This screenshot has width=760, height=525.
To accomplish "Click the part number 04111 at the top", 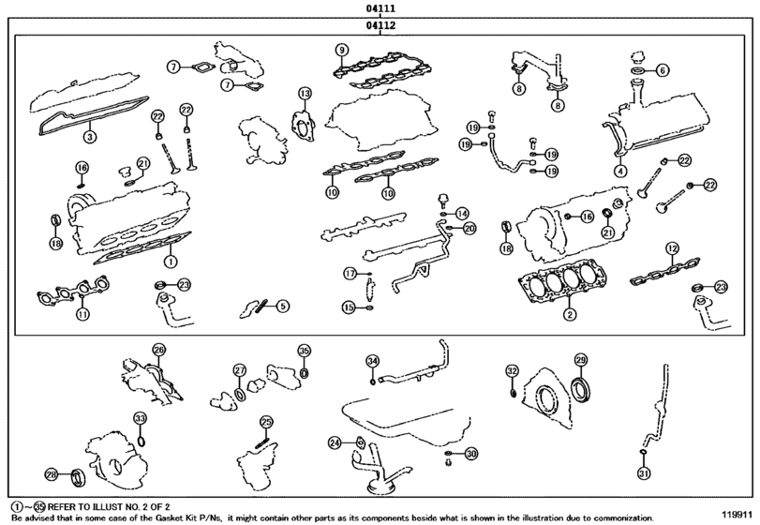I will (380, 8).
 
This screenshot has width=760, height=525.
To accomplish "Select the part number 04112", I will (380, 26).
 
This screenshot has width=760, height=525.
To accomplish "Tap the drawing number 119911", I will (737, 515).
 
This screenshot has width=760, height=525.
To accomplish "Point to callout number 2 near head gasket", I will (568, 313).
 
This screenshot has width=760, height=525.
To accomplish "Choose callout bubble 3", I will (89, 137).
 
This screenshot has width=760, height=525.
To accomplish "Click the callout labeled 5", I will (282, 305).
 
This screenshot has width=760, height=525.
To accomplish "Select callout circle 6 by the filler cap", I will (662, 69).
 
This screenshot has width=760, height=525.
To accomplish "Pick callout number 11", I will (82, 314).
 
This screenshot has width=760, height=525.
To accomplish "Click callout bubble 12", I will (671, 247).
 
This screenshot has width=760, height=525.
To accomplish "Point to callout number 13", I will (305, 93).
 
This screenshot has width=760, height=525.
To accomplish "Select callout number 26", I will (158, 350).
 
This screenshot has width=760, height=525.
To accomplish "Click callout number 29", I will (580, 360).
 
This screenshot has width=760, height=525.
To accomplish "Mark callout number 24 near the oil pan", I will (335, 442).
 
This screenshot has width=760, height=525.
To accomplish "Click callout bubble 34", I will (372, 361).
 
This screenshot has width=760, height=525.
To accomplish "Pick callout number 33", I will (139, 418).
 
